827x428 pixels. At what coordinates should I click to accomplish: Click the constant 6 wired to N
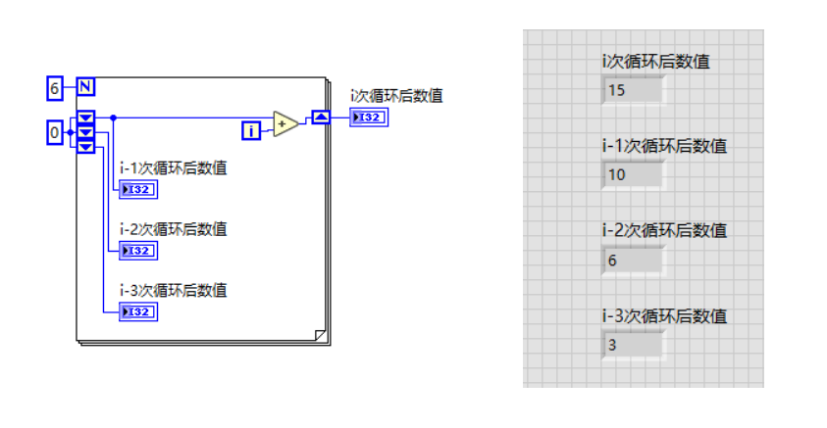pyautogui.click(x=55, y=88)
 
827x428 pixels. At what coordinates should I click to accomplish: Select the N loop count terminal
pyautogui.click(x=85, y=88)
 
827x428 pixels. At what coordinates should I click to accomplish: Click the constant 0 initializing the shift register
pyautogui.click(x=55, y=131)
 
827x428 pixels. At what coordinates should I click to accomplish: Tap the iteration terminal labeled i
pyautogui.click(x=252, y=129)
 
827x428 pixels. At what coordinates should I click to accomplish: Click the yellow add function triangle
pyautogui.click(x=284, y=123)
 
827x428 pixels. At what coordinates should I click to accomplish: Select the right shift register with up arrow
pyautogui.click(x=321, y=118)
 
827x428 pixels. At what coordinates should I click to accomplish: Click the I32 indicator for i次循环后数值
pyautogui.click(x=369, y=118)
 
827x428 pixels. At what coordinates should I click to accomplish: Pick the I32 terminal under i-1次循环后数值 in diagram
pyautogui.click(x=137, y=189)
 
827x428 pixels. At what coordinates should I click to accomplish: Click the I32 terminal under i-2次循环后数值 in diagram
pyautogui.click(x=137, y=251)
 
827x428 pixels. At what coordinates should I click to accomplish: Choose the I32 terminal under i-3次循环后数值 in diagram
pyautogui.click(x=137, y=311)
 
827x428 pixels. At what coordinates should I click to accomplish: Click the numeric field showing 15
pyautogui.click(x=633, y=91)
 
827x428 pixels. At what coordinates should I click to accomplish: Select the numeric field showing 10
pyautogui.click(x=633, y=175)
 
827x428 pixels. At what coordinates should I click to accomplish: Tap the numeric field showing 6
pyautogui.click(x=633, y=261)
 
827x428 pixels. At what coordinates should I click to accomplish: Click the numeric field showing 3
pyautogui.click(x=633, y=345)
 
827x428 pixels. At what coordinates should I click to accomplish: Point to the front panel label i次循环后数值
pyautogui.click(x=656, y=62)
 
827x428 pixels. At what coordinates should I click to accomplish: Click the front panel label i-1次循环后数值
pyautogui.click(x=664, y=146)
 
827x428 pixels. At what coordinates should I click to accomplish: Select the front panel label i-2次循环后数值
pyautogui.click(x=664, y=231)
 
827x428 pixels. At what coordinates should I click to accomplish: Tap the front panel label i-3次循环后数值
pyautogui.click(x=664, y=315)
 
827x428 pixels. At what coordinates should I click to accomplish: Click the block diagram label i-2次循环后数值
pyautogui.click(x=173, y=229)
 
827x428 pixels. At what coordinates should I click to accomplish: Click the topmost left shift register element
pyautogui.click(x=86, y=119)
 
